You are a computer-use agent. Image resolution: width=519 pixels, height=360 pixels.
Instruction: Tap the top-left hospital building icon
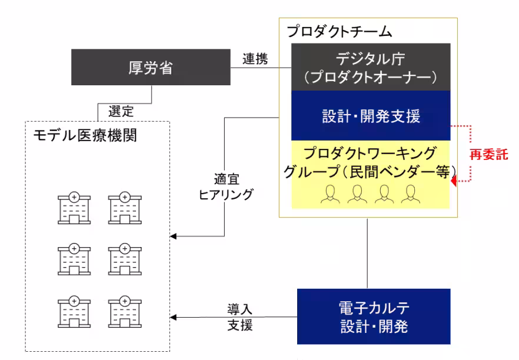[73, 207]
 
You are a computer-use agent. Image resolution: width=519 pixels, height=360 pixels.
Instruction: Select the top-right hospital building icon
[125, 207]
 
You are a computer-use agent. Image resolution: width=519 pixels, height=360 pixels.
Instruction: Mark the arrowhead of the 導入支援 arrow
[174, 318]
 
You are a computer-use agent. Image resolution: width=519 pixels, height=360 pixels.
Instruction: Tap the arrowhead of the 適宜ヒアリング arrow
[174, 237]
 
